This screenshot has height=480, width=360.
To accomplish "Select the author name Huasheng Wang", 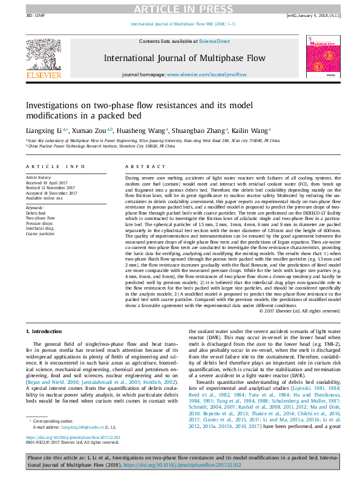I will pos(149,129).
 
